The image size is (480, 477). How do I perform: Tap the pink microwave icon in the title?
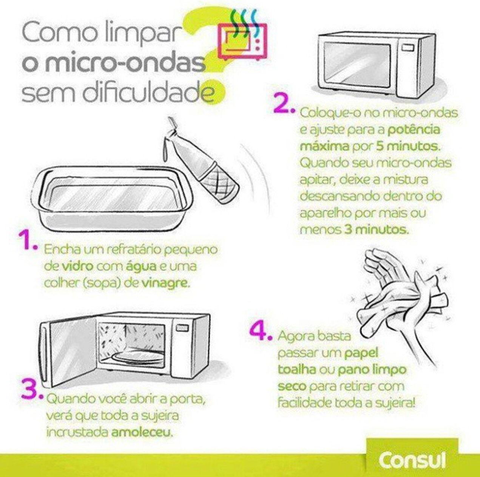pos(242,41)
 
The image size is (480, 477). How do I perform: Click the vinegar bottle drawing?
pos(201,160)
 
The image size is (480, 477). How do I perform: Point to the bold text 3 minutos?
pos(377,229)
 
